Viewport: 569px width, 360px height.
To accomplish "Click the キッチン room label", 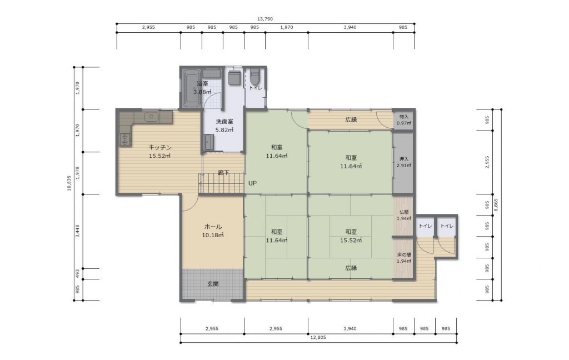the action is pos(159,147).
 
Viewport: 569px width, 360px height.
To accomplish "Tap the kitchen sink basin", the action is pos(151,117).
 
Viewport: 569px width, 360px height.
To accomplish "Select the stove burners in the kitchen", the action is pos(124,139).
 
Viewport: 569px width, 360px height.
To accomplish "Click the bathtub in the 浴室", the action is pos(191,88).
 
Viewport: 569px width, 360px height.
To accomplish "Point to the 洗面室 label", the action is pos(224,122).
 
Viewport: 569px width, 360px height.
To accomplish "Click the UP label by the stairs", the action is pos(253,183).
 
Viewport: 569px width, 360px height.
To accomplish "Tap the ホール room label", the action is pos(213,227).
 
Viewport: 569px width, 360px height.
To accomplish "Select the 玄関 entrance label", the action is pos(213,284).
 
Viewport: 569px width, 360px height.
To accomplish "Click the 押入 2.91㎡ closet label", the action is pos(404,162).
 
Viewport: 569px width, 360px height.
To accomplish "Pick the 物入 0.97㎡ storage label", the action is pos(404,120).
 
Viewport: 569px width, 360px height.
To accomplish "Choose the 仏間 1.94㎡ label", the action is pos(404,215).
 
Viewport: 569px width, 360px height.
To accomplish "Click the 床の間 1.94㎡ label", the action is pos(404,258).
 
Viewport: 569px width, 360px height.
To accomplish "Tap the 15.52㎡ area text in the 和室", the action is pos(351,240).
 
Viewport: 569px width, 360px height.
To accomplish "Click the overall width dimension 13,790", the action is pos(265,19).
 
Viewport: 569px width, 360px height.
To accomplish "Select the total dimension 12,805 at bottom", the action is pos(318,338).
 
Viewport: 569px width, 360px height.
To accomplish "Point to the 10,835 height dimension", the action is pos(69,183).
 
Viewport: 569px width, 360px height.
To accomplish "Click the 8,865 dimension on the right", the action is pos(496,205).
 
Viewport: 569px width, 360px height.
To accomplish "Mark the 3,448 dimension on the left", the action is pos(77,231).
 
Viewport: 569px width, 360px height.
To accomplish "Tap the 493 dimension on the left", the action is pos(77,274).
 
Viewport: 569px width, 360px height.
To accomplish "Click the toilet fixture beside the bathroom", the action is pos(255,76).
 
